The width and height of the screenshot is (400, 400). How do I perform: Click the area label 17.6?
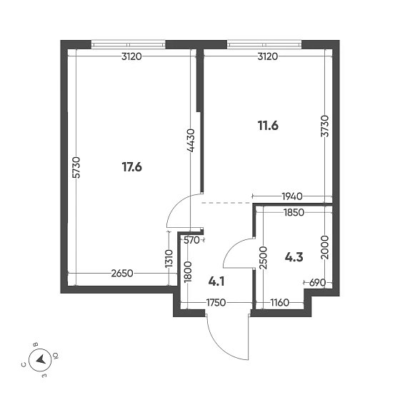[132, 168]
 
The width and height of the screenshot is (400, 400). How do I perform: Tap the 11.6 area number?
[268, 126]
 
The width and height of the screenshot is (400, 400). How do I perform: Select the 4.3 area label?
[295, 256]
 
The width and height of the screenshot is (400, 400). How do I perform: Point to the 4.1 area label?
[216, 281]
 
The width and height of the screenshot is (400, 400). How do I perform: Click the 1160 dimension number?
[279, 303]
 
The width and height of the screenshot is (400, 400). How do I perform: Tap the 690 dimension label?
[316, 283]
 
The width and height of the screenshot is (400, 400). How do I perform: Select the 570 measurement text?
[191, 241]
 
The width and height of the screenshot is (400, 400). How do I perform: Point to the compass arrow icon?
[41, 359]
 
